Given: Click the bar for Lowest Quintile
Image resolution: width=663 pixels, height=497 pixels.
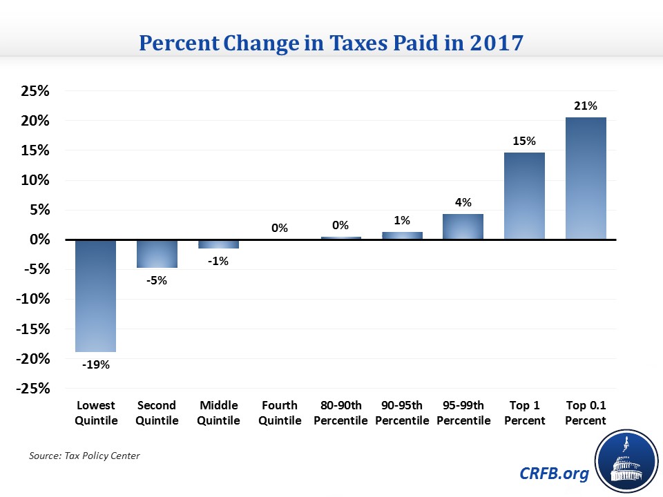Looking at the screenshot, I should click(96, 295).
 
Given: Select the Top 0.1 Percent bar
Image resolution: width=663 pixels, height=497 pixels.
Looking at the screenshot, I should click(586, 179).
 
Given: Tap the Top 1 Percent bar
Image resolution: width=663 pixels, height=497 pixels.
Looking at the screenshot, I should click(524, 196).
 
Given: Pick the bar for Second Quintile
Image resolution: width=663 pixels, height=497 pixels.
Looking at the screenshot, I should click(157, 253).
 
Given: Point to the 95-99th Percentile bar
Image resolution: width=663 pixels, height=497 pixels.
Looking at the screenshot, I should click(463, 226).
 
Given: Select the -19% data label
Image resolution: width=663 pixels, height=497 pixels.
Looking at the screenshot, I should click(96, 364).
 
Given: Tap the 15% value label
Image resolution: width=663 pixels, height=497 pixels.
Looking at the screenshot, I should click(524, 141).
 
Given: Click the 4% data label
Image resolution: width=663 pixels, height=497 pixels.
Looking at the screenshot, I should click(463, 202).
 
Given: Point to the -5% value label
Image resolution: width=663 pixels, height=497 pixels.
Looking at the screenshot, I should click(157, 280).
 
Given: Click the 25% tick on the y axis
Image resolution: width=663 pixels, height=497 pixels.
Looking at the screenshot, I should click(35, 91).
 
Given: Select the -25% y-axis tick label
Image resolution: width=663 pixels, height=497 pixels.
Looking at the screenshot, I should click(32, 389).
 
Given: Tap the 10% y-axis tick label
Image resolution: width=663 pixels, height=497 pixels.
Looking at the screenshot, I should click(35, 180).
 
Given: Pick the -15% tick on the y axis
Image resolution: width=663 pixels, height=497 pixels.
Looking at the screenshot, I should click(32, 329).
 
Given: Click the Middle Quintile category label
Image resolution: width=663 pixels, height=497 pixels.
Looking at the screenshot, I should click(218, 413).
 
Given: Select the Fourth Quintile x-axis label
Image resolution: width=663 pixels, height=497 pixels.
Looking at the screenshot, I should click(280, 413).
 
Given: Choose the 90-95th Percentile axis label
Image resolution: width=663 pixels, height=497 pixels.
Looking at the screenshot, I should click(402, 413).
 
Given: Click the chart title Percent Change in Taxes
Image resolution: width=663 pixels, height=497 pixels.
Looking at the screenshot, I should click(331, 42).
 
